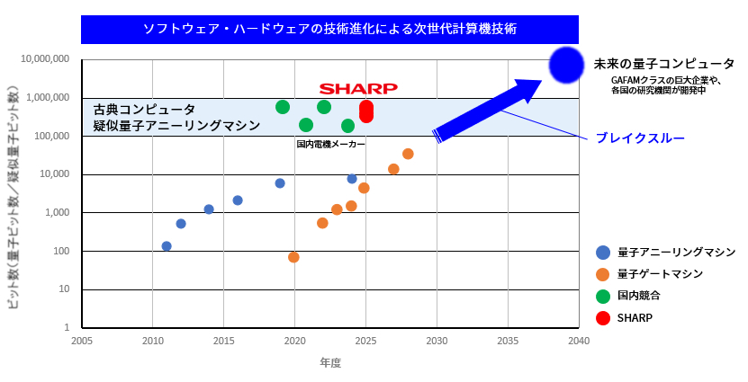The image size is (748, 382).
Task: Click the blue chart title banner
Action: [329, 29]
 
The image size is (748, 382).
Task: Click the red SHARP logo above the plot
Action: [358, 88]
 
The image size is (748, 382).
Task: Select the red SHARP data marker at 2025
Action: [366, 111]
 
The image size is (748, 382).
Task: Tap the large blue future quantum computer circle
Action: [567, 65]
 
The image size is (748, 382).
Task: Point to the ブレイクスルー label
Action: [639, 138]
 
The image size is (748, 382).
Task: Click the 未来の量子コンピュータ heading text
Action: [664, 65]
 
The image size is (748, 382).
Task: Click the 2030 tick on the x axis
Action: [437, 342]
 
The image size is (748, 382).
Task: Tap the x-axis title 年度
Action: [330, 363]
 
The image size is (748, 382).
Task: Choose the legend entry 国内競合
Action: [639, 296]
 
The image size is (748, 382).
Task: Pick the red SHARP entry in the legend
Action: [635, 317]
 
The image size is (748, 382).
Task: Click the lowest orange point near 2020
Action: [293, 257]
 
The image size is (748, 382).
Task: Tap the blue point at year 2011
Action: [167, 246]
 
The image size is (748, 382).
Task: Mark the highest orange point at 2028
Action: [408, 154]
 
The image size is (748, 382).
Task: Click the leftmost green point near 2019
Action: [283, 107]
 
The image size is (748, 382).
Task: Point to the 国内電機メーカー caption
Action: [330, 144]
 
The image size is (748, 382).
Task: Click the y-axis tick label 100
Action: [60, 251]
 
